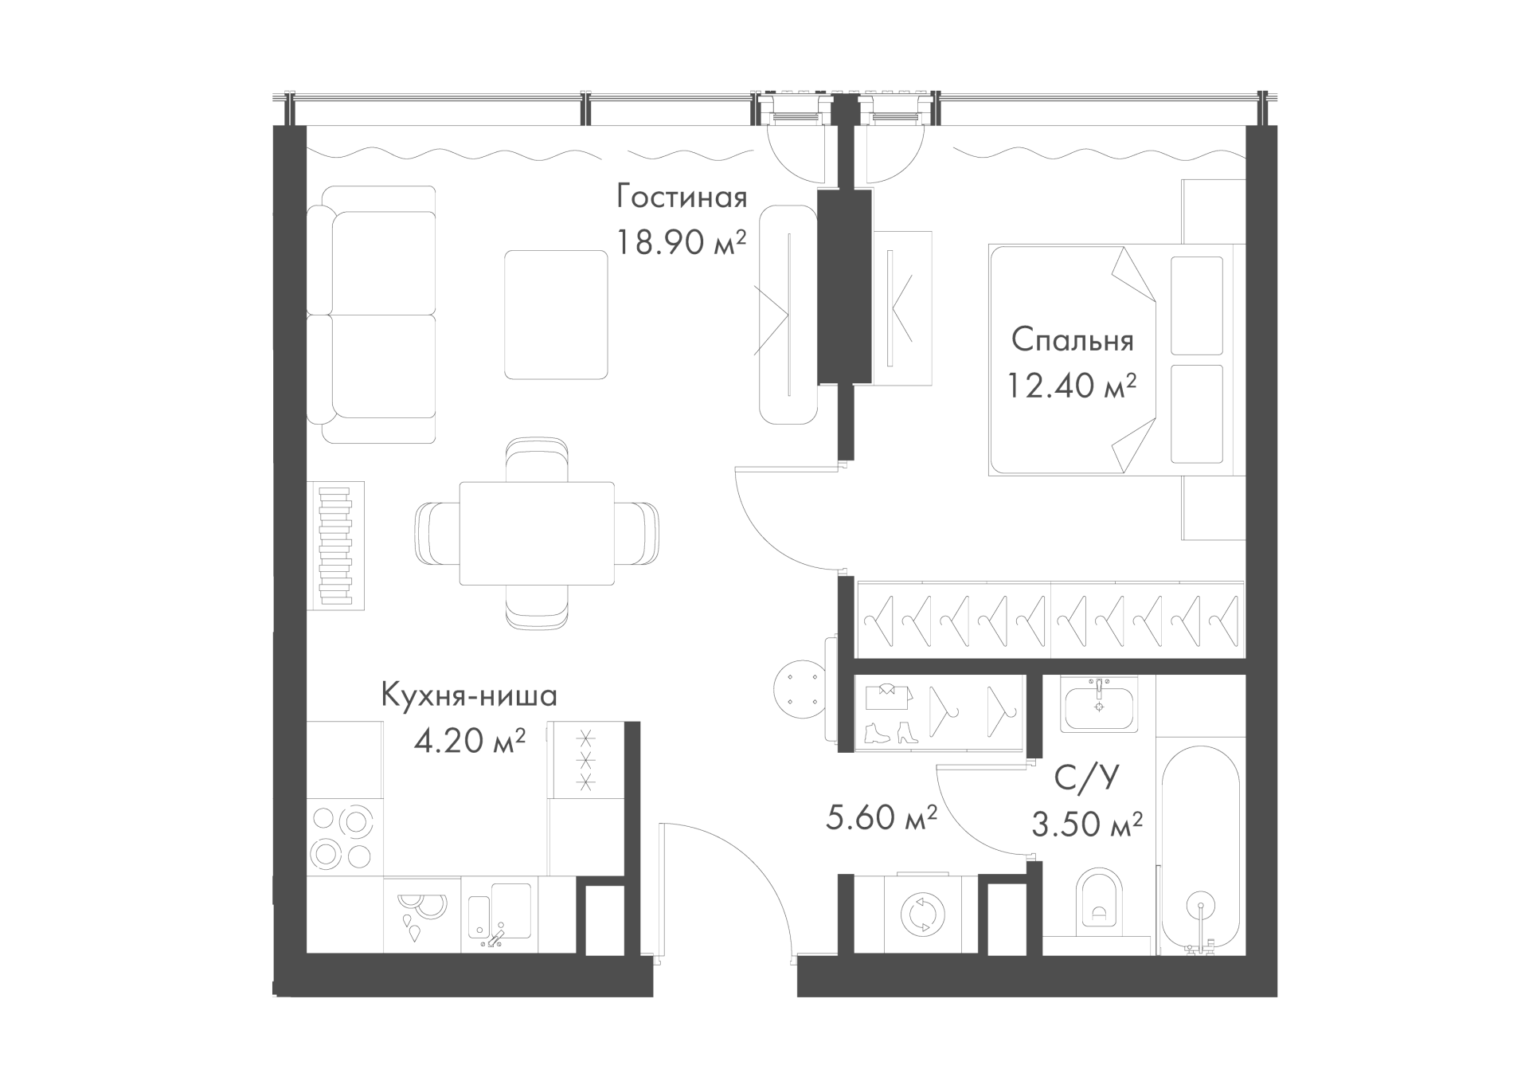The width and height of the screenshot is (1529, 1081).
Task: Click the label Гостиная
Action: pyautogui.click(x=682, y=198)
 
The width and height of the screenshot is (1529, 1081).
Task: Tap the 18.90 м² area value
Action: pyautogui.click(x=682, y=242)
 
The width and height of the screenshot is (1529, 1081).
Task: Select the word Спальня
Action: pyautogui.click(x=1072, y=340)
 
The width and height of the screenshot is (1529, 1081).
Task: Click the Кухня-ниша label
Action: pyautogui.click(x=470, y=695)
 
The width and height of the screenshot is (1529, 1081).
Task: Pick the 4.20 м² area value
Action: pyautogui.click(x=470, y=741)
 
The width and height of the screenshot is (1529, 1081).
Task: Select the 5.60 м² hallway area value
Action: pyautogui.click(x=881, y=817)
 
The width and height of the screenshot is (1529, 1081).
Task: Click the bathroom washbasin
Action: pyautogui.click(x=1098, y=704)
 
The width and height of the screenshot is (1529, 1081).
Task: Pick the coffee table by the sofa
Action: pyautogui.click(x=556, y=315)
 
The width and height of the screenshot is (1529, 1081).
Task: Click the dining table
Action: pyautogui.click(x=537, y=533)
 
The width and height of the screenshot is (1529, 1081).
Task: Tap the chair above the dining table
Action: pyautogui.click(x=538, y=460)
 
